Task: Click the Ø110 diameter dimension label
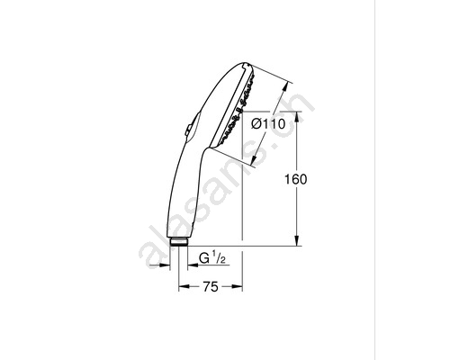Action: pyautogui.click(x=268, y=123)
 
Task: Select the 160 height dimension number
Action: pyautogui.click(x=296, y=179)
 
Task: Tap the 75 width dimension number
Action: pyautogui.click(x=211, y=287)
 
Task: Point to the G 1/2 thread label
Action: pyautogui.click(x=212, y=258)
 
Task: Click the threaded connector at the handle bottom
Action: pyautogui.click(x=179, y=241)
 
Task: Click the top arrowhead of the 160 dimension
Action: pyautogui.click(x=297, y=117)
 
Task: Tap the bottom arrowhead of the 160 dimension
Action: pyautogui.click(x=297, y=240)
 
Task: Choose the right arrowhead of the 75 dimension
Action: pyautogui.click(x=237, y=287)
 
